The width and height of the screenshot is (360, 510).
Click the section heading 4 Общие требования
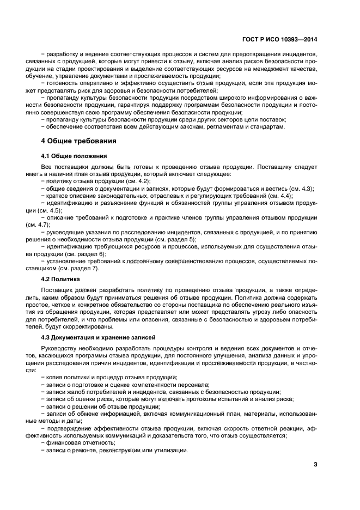point(79,141)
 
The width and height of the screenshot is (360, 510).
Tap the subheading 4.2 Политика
point(62,278)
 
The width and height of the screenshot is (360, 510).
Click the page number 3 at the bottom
point(315,464)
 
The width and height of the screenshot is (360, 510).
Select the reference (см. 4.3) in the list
point(298,189)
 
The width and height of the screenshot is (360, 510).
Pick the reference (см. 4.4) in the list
point(279,196)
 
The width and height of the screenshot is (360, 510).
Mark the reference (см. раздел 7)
point(80,269)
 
